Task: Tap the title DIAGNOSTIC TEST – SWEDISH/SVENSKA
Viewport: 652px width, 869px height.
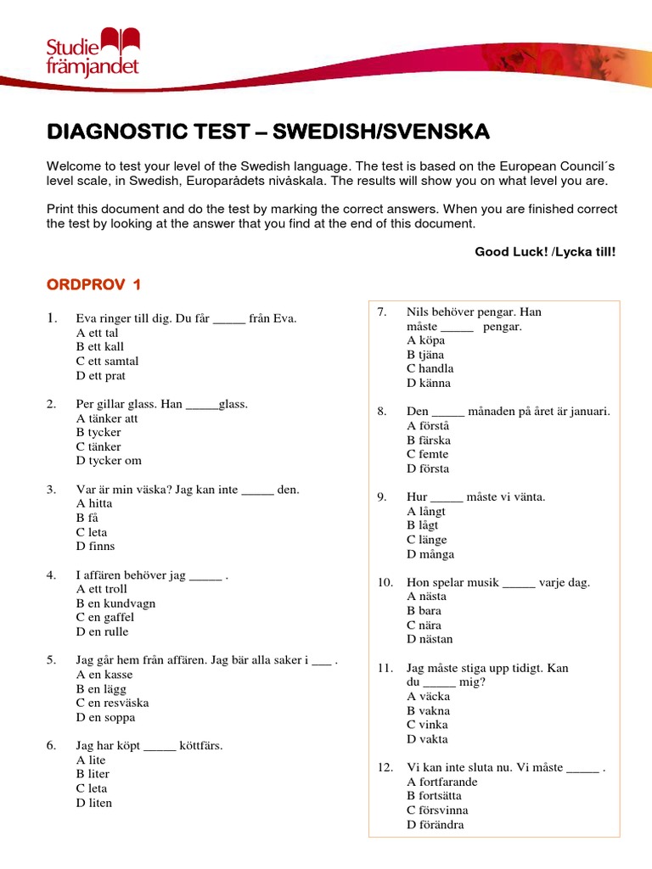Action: pyautogui.click(x=267, y=132)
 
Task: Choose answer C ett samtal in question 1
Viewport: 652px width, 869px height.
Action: pyautogui.click(x=107, y=362)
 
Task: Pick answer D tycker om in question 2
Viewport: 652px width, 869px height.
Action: pyautogui.click(x=109, y=461)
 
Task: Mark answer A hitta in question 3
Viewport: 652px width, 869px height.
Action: pyautogui.click(x=94, y=504)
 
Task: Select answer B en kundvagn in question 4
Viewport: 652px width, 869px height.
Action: pyautogui.click(x=115, y=603)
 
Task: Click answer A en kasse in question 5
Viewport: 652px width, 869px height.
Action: pyautogui.click(x=104, y=675)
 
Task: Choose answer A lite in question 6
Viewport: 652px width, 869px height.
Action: pyautogui.click(x=91, y=760)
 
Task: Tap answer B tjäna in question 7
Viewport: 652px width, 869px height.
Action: pyautogui.click(x=425, y=355)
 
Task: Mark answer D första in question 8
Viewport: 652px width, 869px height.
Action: pyautogui.click(x=428, y=468)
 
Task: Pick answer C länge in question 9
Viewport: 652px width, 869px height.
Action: pyautogui.click(x=426, y=540)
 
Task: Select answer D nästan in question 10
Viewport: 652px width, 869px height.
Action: pyautogui.click(x=430, y=639)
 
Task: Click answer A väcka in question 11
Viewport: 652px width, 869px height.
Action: pyautogui.click(x=429, y=697)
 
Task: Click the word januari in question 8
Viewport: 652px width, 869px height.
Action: pyautogui.click(x=589, y=412)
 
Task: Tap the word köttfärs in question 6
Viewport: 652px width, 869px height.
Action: pyautogui.click(x=200, y=746)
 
